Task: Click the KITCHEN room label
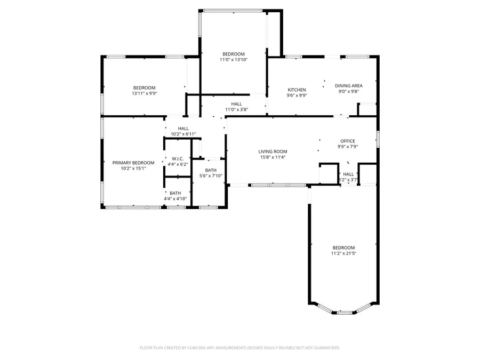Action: click(x=297, y=90)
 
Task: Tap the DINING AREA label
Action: click(x=349, y=85)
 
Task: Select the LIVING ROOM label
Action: click(x=273, y=151)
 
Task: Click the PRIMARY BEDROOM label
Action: click(x=133, y=163)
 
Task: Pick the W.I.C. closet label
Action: click(x=178, y=158)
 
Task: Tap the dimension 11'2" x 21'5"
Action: click(x=343, y=254)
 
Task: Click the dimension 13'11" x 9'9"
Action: click(x=145, y=93)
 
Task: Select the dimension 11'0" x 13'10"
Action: click(x=234, y=60)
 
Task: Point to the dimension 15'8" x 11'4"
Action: click(x=273, y=157)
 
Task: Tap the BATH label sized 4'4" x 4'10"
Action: click(x=175, y=193)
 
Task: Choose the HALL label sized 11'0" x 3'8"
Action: click(x=237, y=103)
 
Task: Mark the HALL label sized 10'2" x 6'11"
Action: click(x=183, y=128)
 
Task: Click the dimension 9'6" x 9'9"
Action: click(x=297, y=96)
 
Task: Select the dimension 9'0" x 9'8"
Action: click(x=349, y=92)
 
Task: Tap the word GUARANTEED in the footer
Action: click(x=325, y=348)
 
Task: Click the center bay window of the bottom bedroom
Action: click(x=344, y=311)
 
